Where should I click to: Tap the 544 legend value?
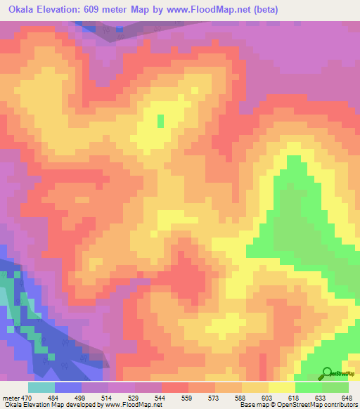[x=161, y=398]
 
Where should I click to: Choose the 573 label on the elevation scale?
[x=214, y=398]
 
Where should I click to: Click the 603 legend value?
[x=268, y=398]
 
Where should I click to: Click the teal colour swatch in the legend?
[x=41, y=387]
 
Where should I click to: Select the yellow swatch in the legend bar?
[x=281, y=387]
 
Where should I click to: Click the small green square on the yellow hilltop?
[x=160, y=120]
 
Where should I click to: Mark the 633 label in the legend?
[x=321, y=398]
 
